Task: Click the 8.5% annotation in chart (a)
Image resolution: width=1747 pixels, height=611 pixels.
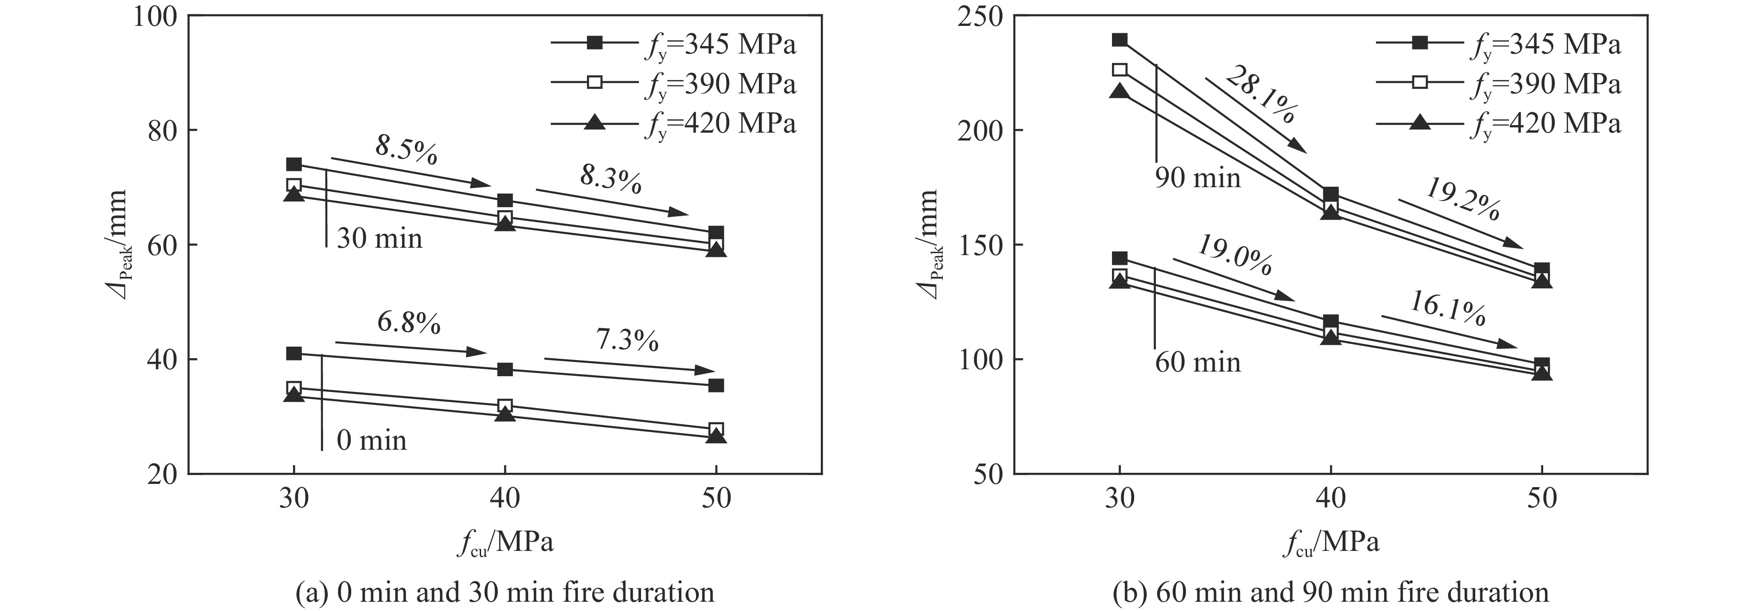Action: pos(406,151)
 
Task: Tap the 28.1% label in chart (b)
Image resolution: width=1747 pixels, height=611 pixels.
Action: pos(1261,95)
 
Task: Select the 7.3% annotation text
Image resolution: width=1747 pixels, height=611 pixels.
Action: pos(627,340)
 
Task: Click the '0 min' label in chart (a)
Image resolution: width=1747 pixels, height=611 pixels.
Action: pos(372,441)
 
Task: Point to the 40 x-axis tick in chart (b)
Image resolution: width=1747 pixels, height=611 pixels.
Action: pos(1331,499)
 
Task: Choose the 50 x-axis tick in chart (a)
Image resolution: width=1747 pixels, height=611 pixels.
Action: pos(716,499)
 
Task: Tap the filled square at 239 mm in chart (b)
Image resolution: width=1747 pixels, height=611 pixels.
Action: pos(1120,40)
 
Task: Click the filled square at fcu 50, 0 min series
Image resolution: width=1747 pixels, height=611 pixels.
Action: pos(716,385)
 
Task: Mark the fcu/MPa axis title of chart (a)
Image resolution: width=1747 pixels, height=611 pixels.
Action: pos(505,543)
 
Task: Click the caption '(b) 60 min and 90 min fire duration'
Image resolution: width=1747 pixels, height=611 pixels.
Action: pos(1331,592)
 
